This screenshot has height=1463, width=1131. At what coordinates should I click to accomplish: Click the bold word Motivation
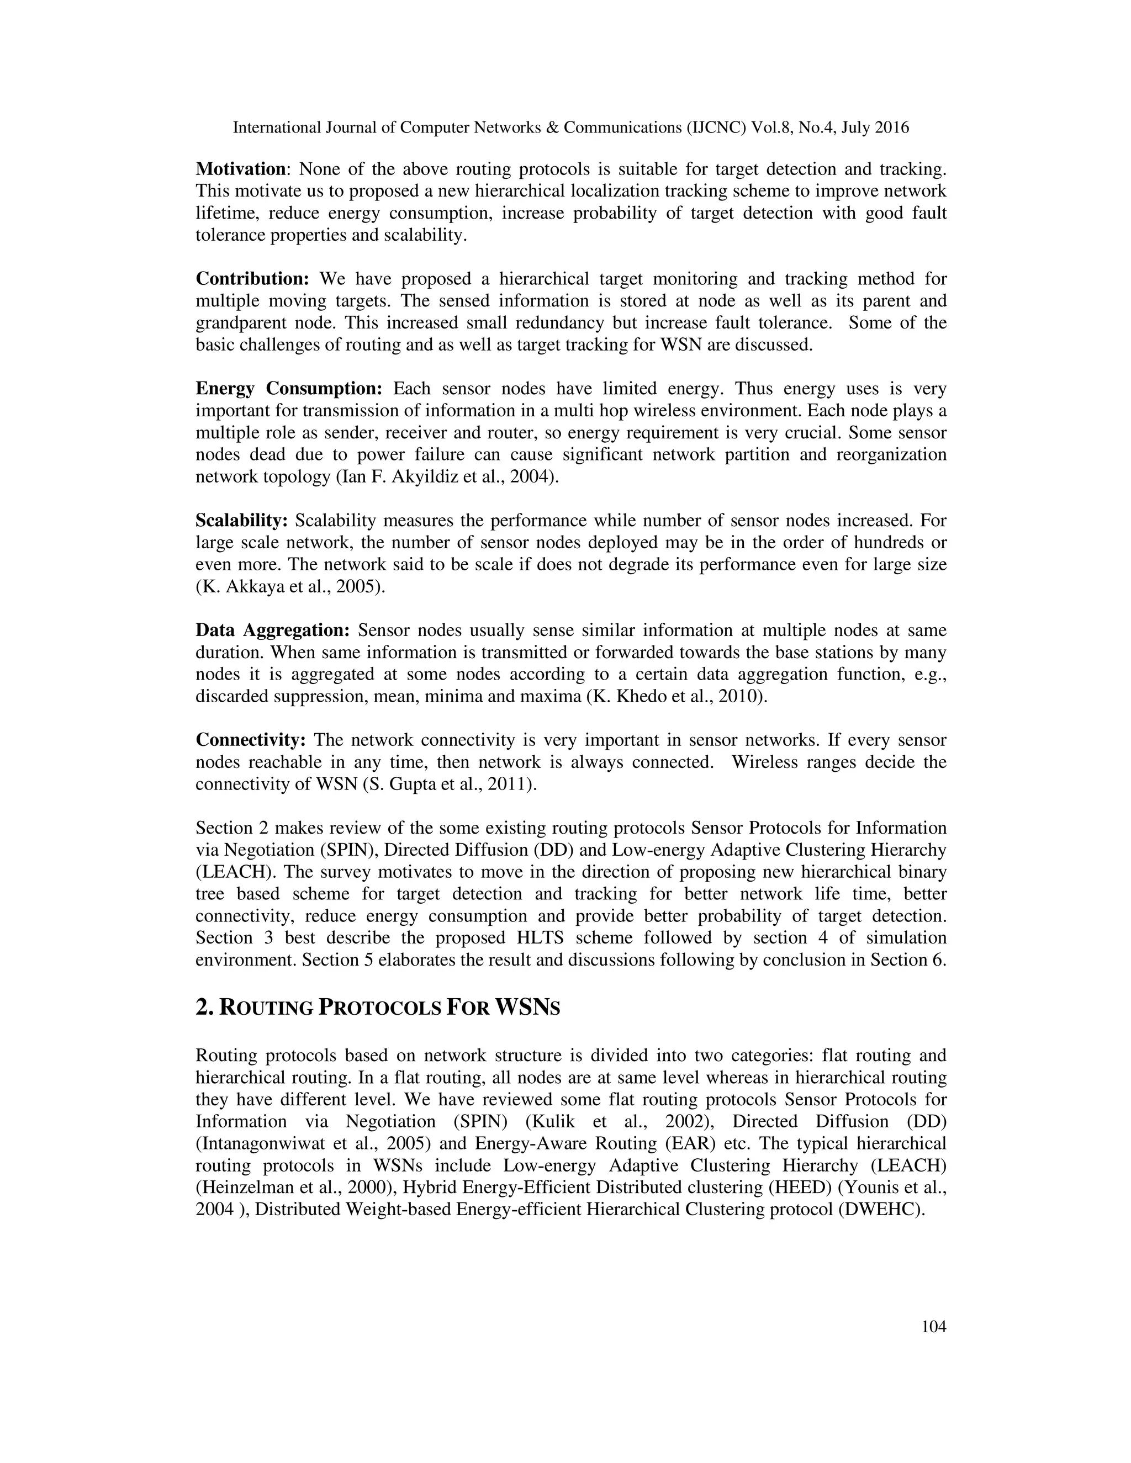(241, 169)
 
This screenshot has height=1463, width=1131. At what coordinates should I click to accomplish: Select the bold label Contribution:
(252, 279)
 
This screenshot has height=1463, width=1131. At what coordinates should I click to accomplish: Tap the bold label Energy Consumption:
(289, 389)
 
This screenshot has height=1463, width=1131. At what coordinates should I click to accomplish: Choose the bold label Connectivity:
(251, 740)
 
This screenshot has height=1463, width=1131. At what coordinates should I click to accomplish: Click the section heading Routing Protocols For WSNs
(377, 1008)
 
